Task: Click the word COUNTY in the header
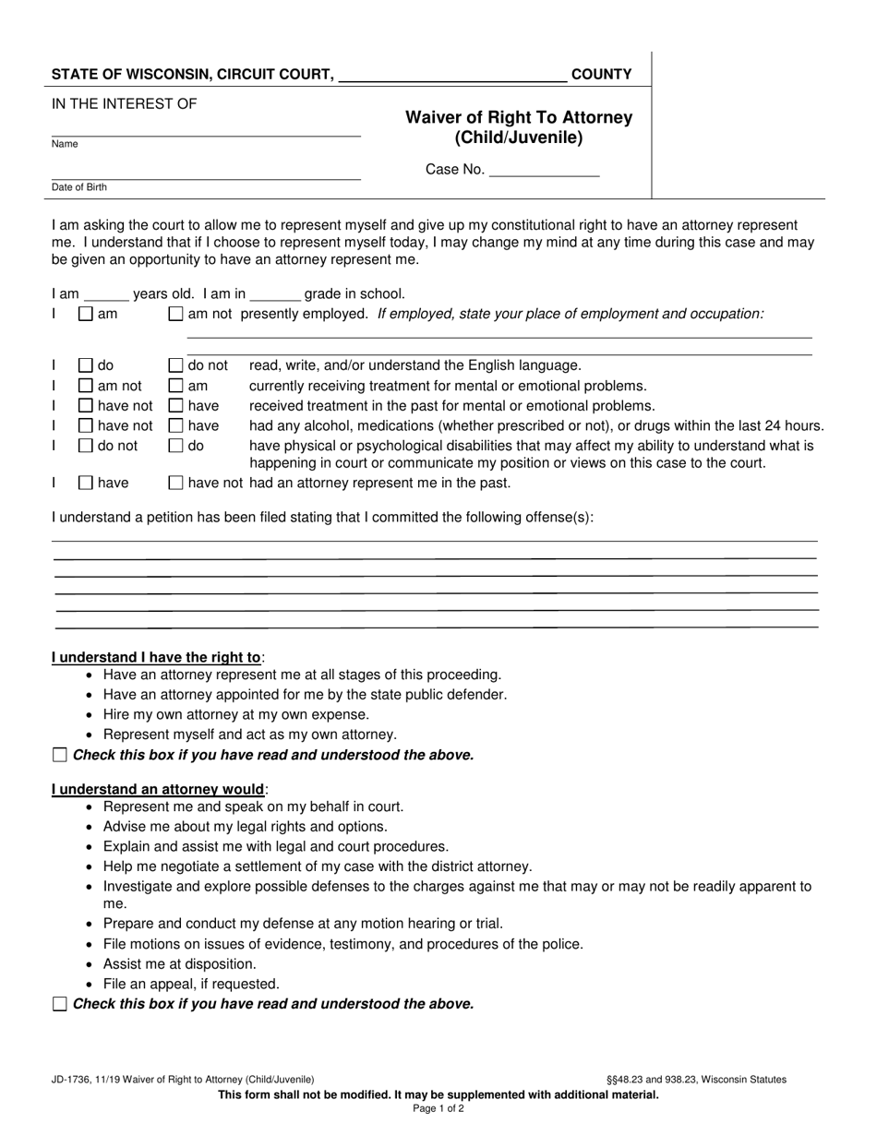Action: (x=602, y=75)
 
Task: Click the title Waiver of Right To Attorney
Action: (x=519, y=117)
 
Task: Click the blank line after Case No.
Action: (x=544, y=170)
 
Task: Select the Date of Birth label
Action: (x=79, y=187)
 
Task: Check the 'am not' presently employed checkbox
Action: (x=175, y=314)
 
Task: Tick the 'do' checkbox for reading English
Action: (x=86, y=365)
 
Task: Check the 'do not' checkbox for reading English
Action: (x=175, y=365)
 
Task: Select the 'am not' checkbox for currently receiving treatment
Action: (x=86, y=386)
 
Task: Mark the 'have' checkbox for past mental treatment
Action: (x=175, y=406)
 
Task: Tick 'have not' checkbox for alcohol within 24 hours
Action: (x=86, y=425)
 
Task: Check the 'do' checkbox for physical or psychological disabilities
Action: (x=175, y=446)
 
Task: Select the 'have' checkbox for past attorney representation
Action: (x=86, y=483)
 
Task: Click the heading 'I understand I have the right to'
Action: (x=156, y=658)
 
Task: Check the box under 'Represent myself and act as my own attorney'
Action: (x=60, y=755)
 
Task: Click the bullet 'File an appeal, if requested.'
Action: (x=191, y=984)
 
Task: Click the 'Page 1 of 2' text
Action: (x=438, y=1109)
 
